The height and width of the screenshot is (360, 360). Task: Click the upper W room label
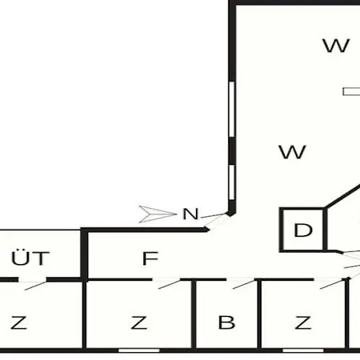[336, 46]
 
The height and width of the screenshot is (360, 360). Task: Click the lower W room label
[292, 152]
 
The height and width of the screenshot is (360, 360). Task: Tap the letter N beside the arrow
[190, 214]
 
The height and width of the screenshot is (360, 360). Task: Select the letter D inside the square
[303, 230]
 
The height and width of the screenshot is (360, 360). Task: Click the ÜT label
[30, 258]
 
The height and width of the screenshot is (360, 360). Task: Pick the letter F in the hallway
[150, 258]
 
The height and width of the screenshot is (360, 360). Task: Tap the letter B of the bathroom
[226, 322]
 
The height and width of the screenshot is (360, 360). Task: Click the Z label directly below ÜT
[19, 322]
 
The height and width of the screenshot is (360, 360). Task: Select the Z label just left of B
[138, 322]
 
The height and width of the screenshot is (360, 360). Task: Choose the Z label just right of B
[302, 322]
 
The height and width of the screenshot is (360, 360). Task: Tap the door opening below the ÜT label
[33, 284]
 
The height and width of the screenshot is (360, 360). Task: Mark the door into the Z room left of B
[166, 282]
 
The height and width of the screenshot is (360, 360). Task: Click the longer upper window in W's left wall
[232, 110]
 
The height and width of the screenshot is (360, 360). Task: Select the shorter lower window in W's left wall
[232, 182]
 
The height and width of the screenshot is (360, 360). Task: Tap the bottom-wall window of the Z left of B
[139, 350]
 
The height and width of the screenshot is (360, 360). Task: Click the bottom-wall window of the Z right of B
[303, 350]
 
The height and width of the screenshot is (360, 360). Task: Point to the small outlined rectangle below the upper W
[351, 92]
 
